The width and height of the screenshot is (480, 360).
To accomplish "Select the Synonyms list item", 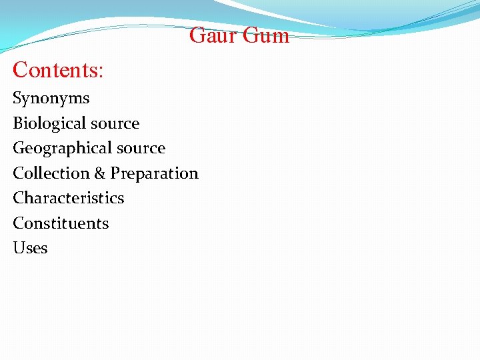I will click(51, 99).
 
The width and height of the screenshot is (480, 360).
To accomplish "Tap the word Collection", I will click(51, 173).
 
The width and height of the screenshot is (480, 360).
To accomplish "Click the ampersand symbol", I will click(100, 173).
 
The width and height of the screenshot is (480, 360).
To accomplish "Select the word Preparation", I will click(154, 174).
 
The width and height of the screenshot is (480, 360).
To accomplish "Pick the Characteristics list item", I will click(69, 198).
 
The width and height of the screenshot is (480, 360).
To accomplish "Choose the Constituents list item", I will click(61, 223).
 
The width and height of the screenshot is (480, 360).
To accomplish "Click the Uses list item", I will click(30, 248).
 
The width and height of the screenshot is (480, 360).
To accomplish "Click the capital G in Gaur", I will click(197, 35).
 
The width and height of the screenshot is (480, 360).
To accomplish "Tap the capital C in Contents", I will click(20, 69).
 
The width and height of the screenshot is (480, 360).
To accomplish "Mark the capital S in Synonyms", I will click(17, 99).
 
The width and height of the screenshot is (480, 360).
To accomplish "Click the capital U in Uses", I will click(18, 248).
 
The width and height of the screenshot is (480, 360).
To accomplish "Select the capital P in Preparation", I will click(115, 173).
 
